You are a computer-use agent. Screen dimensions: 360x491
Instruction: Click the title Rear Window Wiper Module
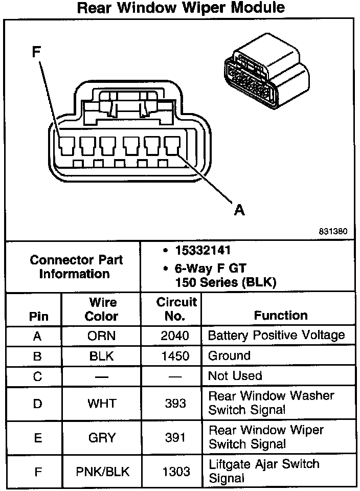pos(181,8)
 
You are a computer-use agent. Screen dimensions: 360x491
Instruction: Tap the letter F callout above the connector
pos(37,52)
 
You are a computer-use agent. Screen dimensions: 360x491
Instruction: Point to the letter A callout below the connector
pos(239,210)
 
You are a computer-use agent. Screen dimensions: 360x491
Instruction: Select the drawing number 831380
pos(333,231)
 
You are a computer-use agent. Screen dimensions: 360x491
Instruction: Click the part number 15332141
pos(203,251)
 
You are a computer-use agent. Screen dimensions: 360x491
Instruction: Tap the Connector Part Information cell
pos(76,267)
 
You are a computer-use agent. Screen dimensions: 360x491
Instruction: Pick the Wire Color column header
pos(102,309)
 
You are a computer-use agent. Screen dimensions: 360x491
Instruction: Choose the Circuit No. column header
pos(176,309)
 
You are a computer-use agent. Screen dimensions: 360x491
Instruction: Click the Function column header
pos(281,316)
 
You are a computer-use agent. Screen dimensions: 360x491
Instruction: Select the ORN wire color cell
pos(101,336)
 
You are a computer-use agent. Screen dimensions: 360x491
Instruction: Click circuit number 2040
pos(175,336)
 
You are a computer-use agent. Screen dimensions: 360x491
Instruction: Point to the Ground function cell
pos(230,356)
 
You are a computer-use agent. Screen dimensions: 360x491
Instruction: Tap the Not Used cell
pos(235,376)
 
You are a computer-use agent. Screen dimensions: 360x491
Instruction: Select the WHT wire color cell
pos(102,404)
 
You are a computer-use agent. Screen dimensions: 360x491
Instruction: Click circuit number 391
pos(175,437)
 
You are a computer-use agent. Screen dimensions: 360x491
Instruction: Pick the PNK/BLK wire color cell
pos(103,472)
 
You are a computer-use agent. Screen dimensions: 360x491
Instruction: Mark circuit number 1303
pos(176,472)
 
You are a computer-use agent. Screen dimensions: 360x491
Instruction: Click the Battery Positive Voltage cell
pos(277,336)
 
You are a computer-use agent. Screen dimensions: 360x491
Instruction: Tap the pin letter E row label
pos(38,437)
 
